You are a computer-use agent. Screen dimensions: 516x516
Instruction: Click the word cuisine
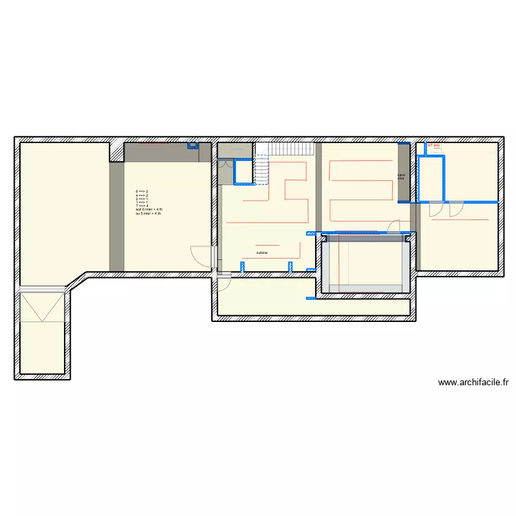tap(262, 253)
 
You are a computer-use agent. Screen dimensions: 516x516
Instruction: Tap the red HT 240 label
tap(433, 146)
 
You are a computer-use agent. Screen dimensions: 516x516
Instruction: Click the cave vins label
tap(401, 177)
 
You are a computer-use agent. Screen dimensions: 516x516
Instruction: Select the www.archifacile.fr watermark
tap(473, 383)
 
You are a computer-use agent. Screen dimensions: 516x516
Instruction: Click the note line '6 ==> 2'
tap(142, 191)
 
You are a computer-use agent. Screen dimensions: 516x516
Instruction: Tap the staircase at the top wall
tap(290, 149)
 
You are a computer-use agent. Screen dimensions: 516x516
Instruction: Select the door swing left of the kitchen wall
tap(201, 256)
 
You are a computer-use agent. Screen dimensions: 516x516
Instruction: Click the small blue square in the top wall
tap(192, 145)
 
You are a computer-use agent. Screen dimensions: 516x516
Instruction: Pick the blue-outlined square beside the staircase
tap(243, 171)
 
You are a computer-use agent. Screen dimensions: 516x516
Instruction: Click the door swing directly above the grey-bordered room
tap(394, 227)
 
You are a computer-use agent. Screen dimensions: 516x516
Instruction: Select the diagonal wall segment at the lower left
tap(76, 282)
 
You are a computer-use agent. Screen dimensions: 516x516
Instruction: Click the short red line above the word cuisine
tap(267, 244)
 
